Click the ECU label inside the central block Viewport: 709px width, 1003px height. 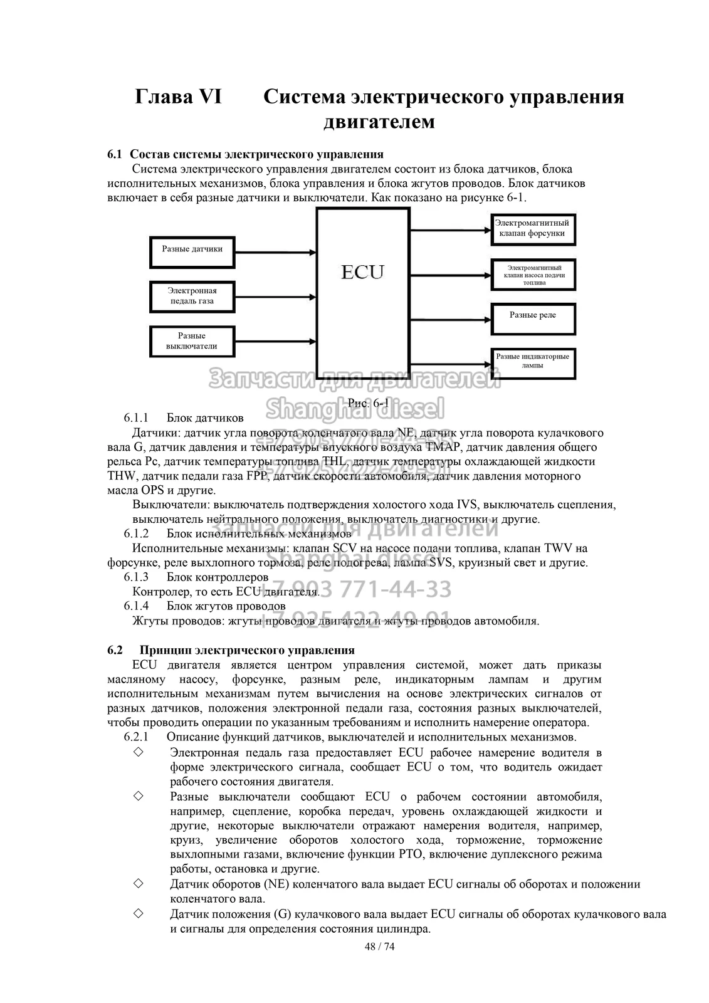tap(362, 272)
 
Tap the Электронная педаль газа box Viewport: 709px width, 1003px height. tap(192, 296)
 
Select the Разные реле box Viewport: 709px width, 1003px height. tap(532, 318)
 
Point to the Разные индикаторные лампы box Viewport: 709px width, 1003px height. tap(532, 364)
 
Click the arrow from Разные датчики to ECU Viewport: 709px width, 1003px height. tap(276, 253)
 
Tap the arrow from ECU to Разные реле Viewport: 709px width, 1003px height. tap(449, 318)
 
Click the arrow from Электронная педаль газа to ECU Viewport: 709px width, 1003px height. tap(276, 297)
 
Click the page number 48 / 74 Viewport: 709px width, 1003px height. tap(380, 946)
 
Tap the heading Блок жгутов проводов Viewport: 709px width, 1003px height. tap(226, 606)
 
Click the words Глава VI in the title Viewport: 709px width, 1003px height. tap(178, 97)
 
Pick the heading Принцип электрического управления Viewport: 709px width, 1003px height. tap(247, 650)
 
